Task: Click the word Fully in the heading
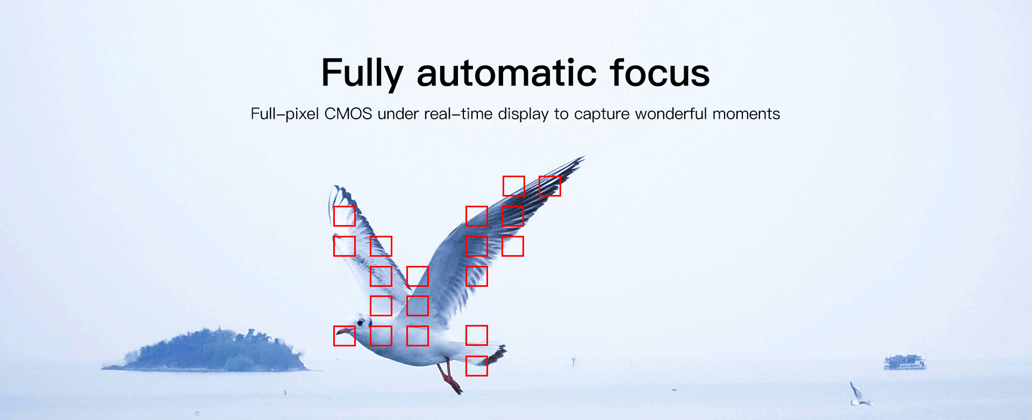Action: pos(362,74)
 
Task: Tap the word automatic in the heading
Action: pos(507,73)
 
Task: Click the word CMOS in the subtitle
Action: pos(348,114)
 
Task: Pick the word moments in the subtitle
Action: pos(746,114)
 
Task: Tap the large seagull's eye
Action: pos(361,322)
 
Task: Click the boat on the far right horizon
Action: pos(905,362)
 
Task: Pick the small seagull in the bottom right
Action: pos(859,395)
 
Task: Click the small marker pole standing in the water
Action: pos(574,361)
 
